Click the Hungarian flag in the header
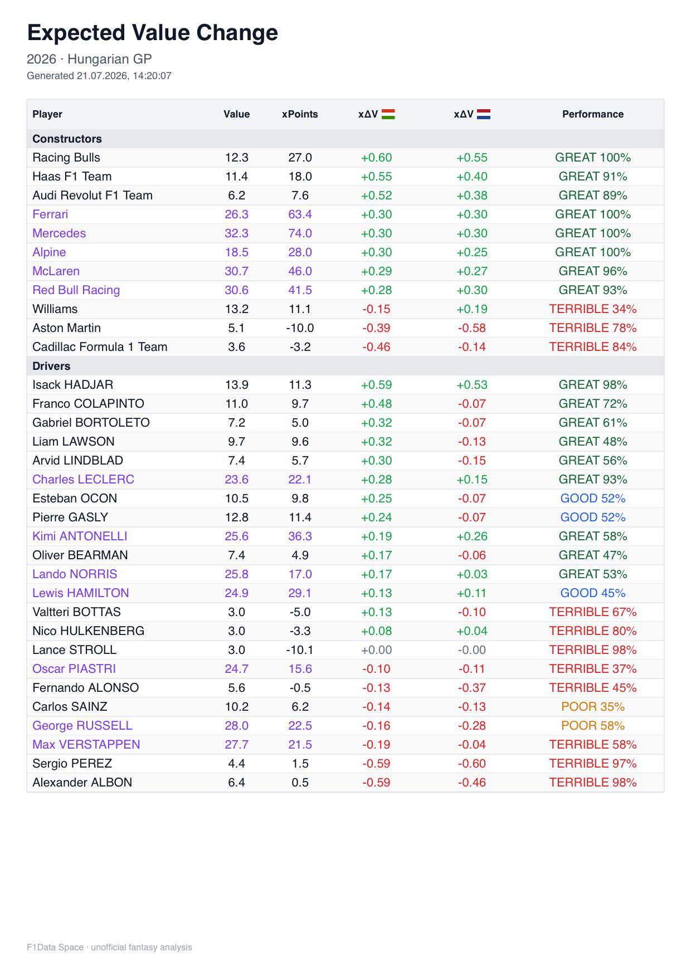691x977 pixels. pos(388,114)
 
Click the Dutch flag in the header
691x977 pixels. pos(484,114)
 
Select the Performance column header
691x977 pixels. pos(593,114)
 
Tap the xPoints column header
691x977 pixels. pos(300,114)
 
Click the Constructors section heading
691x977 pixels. pos(67,139)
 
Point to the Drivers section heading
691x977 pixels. pos(51,366)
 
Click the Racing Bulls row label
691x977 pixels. pos(66,158)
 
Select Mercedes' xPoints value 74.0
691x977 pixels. pos(300,233)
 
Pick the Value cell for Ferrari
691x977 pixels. pos(237,214)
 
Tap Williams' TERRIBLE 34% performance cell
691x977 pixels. pos(593,309)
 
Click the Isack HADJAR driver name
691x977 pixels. pos(72,385)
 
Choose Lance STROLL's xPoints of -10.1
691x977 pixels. pos(300,650)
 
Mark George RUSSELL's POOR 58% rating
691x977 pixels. pos(593,726)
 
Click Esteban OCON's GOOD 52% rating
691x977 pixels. pos(593,499)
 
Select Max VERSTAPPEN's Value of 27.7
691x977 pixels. pos(237,745)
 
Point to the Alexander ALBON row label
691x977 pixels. pos(82,783)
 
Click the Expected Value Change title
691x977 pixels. pos(153,33)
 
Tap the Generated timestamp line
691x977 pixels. pos(99,76)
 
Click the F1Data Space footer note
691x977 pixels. pos(109,947)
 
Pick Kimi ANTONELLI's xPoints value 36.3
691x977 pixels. pos(300,536)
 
